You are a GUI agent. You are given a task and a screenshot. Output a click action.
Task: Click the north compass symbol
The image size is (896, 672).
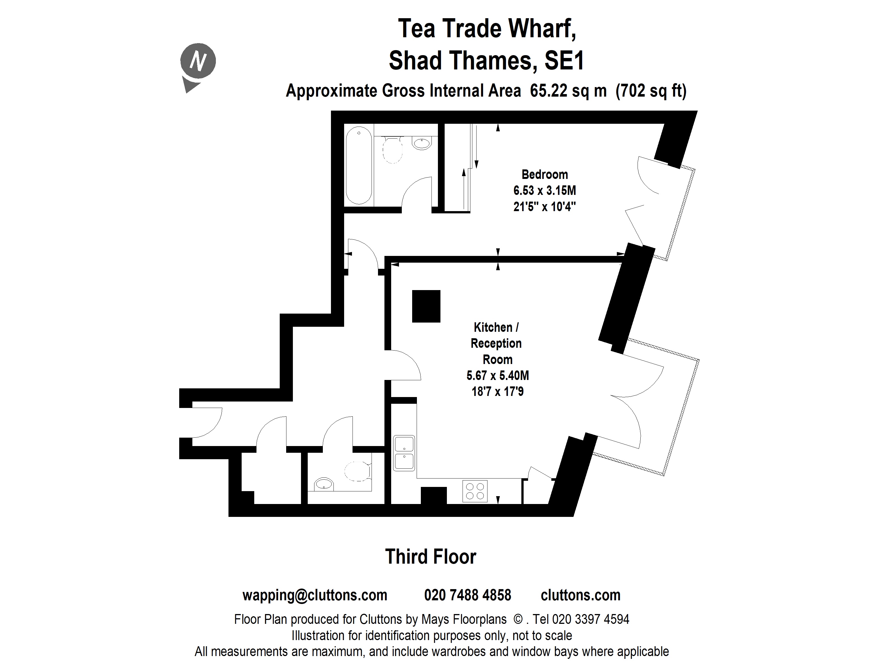pyautogui.click(x=198, y=62)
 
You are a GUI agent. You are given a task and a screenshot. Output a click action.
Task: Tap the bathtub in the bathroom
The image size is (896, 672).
pyautogui.click(x=359, y=165)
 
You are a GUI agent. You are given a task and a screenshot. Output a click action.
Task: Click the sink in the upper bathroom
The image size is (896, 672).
pyautogui.click(x=422, y=143)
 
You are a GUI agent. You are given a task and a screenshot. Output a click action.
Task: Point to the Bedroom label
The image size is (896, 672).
pyautogui.click(x=544, y=175)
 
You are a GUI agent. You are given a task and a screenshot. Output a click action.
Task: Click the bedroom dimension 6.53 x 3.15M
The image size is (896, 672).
pyautogui.click(x=544, y=190)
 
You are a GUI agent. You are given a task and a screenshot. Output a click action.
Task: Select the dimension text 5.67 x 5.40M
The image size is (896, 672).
pyautogui.click(x=497, y=375)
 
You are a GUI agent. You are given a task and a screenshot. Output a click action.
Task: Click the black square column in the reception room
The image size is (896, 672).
pyautogui.click(x=426, y=306)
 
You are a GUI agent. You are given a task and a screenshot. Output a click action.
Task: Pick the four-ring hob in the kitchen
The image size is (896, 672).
pyautogui.click(x=475, y=491)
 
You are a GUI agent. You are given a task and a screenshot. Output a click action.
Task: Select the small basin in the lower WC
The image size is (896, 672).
pyautogui.click(x=324, y=484)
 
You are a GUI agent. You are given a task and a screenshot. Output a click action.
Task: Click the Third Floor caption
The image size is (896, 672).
pyautogui.click(x=430, y=557)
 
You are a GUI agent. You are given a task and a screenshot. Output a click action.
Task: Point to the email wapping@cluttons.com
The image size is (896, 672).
pyautogui.click(x=315, y=595)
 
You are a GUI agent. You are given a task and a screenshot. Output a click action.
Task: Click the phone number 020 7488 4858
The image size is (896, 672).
pyautogui.click(x=467, y=595)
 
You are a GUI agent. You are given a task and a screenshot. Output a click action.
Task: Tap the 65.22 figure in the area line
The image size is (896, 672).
pyautogui.click(x=548, y=91)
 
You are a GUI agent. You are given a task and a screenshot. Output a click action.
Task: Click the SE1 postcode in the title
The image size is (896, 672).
pyautogui.click(x=564, y=61)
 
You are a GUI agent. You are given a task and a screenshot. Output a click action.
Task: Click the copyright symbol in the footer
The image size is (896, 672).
pyautogui.click(x=518, y=619)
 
